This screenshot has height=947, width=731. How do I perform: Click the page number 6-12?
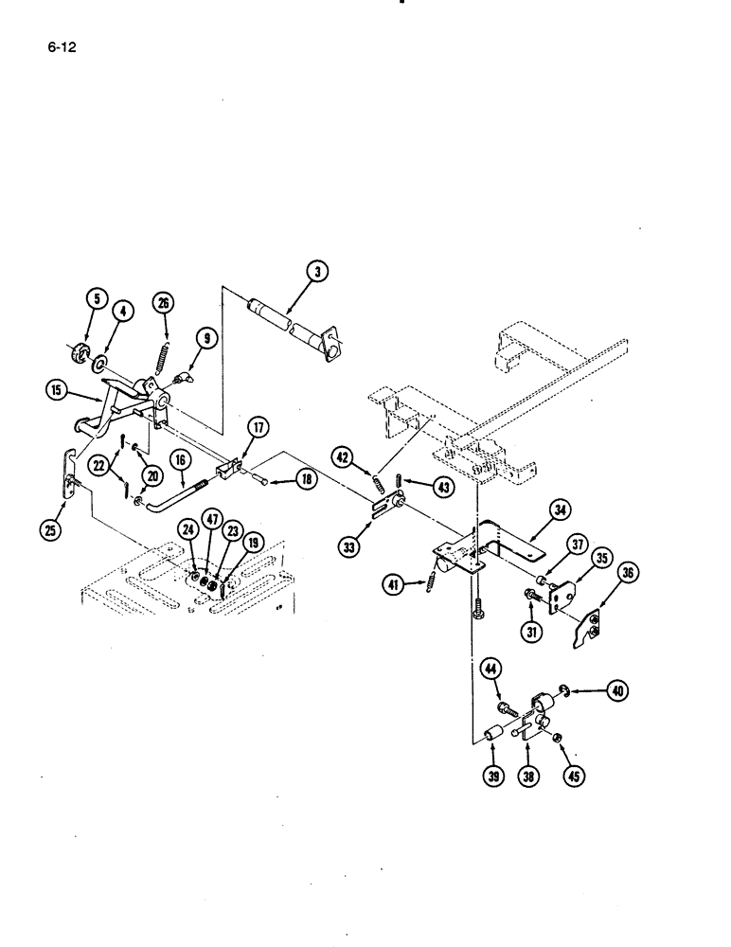(61, 45)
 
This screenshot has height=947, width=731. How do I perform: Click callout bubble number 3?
(318, 272)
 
